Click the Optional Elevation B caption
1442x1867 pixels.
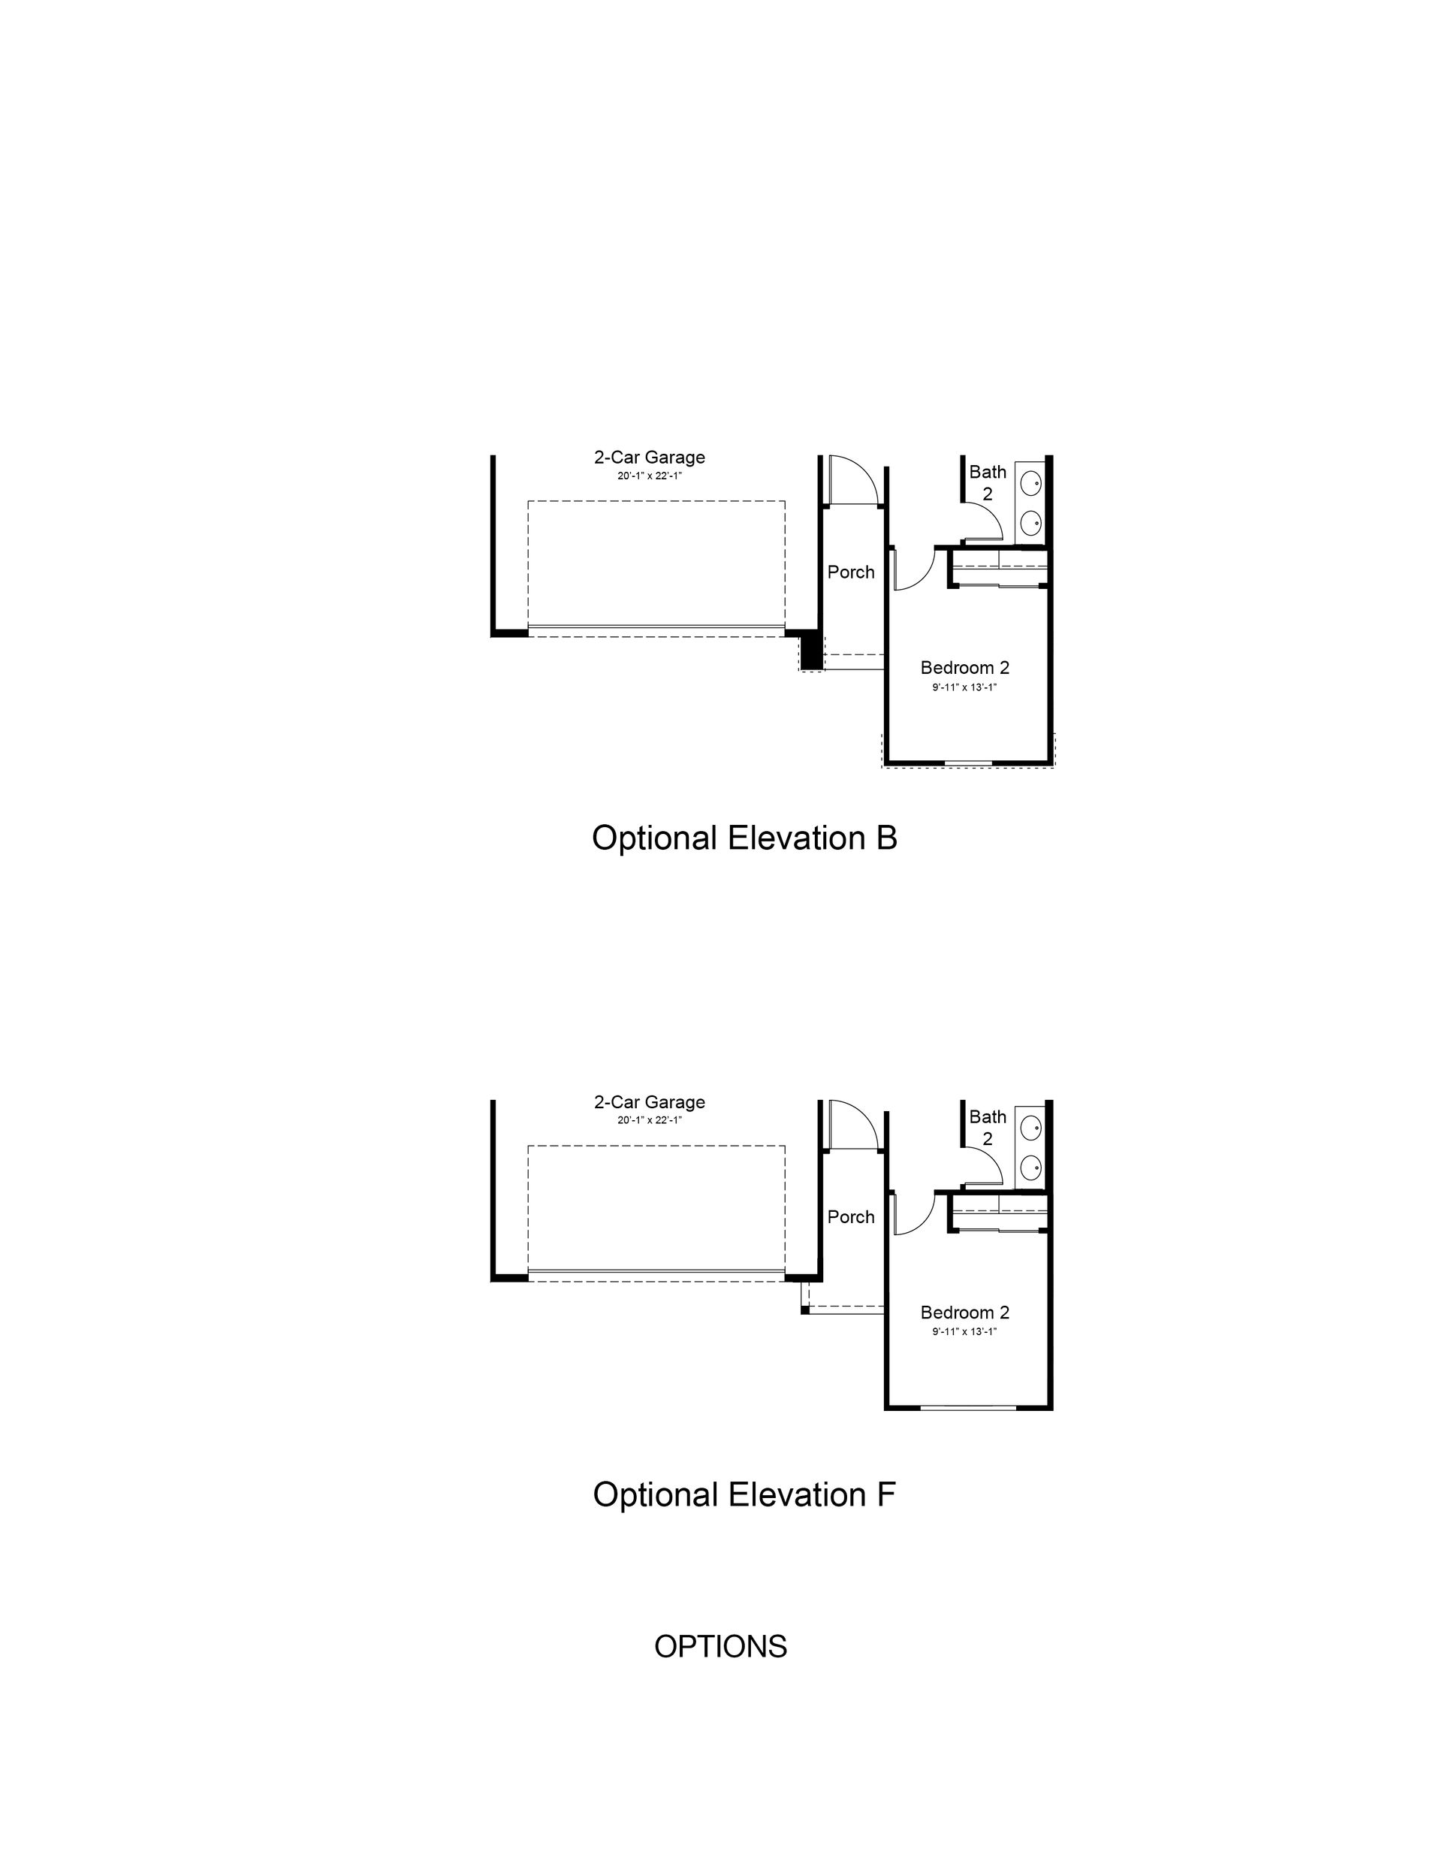tap(744, 838)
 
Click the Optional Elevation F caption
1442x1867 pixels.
tap(744, 1495)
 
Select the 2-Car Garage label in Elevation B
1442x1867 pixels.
tap(650, 458)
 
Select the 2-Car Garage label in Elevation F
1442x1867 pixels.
tap(650, 1102)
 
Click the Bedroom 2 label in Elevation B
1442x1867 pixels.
tap(965, 668)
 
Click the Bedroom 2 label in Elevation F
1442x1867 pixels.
tap(965, 1313)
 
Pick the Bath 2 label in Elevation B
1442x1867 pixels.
tap(988, 482)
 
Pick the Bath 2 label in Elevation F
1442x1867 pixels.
tap(988, 1128)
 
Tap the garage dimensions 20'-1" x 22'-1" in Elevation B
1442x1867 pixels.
tap(650, 476)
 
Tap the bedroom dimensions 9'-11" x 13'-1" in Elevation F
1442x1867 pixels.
tap(965, 1331)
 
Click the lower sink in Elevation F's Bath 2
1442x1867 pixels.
tap(1031, 1166)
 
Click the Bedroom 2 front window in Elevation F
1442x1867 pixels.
tap(968, 1407)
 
